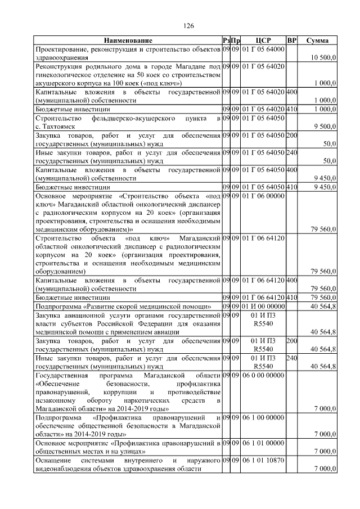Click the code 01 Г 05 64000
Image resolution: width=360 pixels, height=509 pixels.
click(263, 49)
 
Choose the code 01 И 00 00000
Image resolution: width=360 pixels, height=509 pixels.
click(263, 306)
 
